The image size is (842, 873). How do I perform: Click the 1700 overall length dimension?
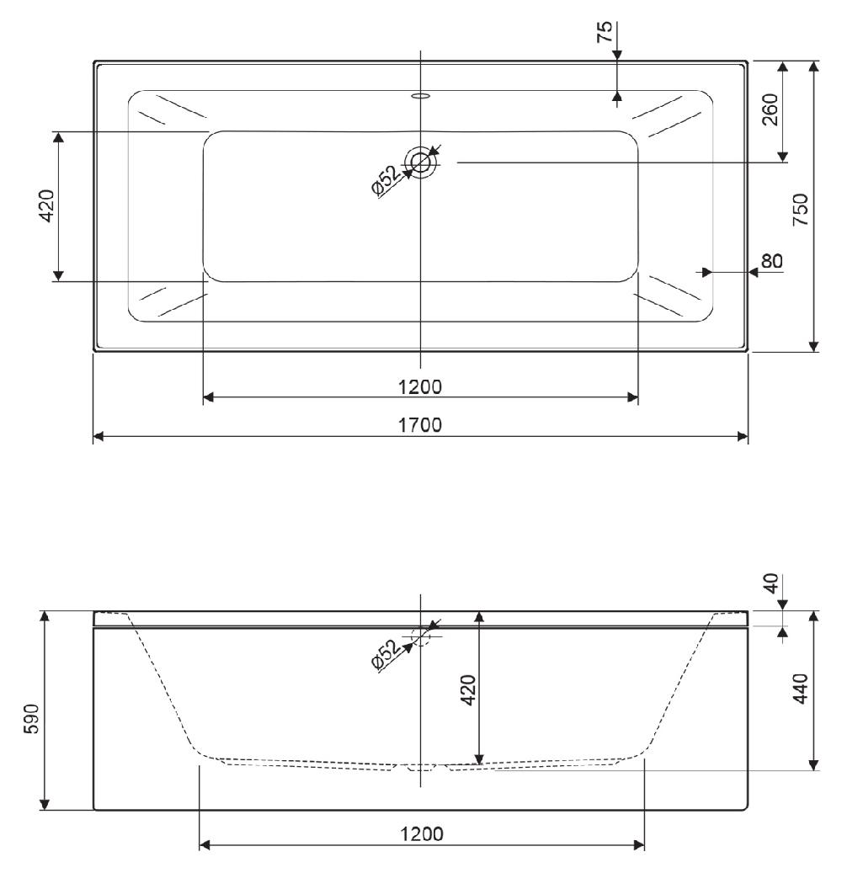[420, 425]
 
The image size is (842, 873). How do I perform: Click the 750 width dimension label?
[800, 210]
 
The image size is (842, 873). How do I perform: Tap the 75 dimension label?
[605, 31]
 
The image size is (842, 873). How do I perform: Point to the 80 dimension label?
[772, 261]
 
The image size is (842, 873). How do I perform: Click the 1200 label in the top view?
[420, 386]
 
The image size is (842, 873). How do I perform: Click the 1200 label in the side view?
[422, 834]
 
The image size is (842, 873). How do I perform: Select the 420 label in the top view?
[47, 206]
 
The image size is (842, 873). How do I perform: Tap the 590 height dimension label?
[32, 719]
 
